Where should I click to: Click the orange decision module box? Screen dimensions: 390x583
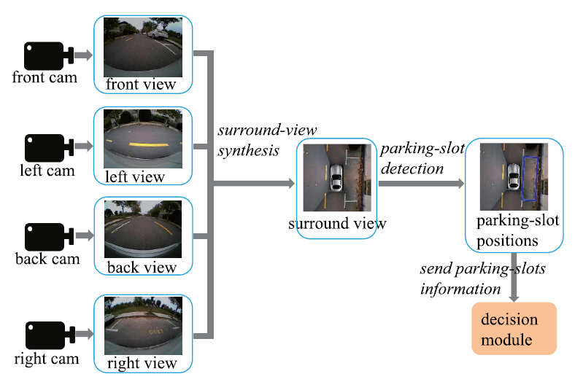[x=514, y=328]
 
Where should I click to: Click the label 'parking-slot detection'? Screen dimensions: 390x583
[x=422, y=158]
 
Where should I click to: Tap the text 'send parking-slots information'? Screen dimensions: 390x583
[x=482, y=278]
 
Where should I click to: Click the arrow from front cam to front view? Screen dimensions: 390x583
[x=83, y=55]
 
